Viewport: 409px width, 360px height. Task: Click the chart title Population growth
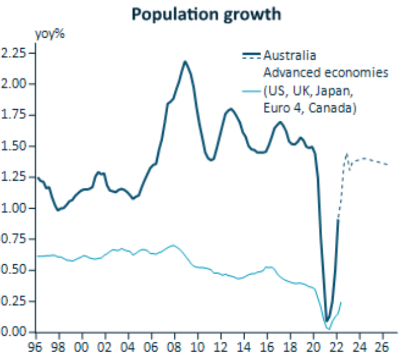[x=206, y=14]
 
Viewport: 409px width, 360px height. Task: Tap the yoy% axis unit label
[x=51, y=34]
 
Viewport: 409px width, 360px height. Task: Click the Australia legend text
[x=289, y=56]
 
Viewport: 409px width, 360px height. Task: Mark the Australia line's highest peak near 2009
[x=185, y=61]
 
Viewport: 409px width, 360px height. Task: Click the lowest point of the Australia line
[x=327, y=320]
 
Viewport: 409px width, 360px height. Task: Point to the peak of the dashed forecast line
[x=347, y=154]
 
